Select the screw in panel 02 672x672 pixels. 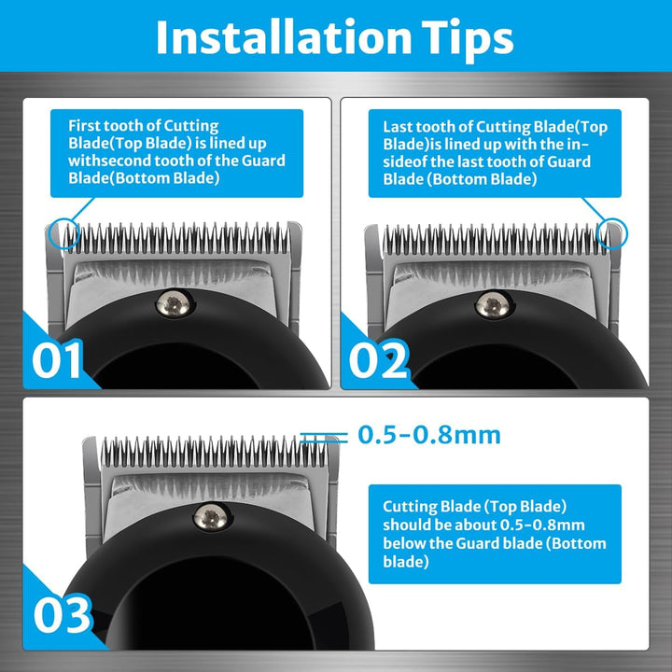[487, 303]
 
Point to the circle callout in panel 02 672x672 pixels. [615, 233]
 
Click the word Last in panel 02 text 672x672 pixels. [399, 125]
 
